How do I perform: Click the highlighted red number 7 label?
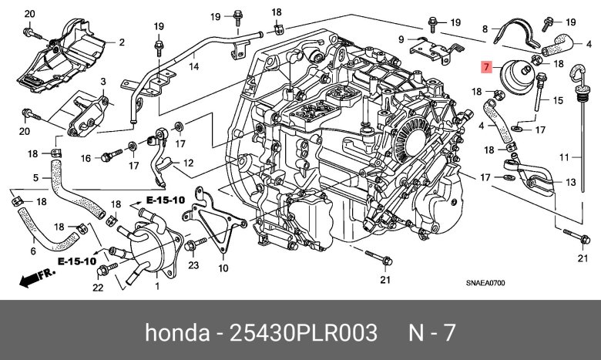485,68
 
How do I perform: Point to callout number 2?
121,41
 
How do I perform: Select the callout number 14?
194,67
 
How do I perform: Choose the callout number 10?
223,268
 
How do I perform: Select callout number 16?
86,158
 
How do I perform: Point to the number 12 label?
188,163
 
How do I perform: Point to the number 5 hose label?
35,177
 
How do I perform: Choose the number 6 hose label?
32,251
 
